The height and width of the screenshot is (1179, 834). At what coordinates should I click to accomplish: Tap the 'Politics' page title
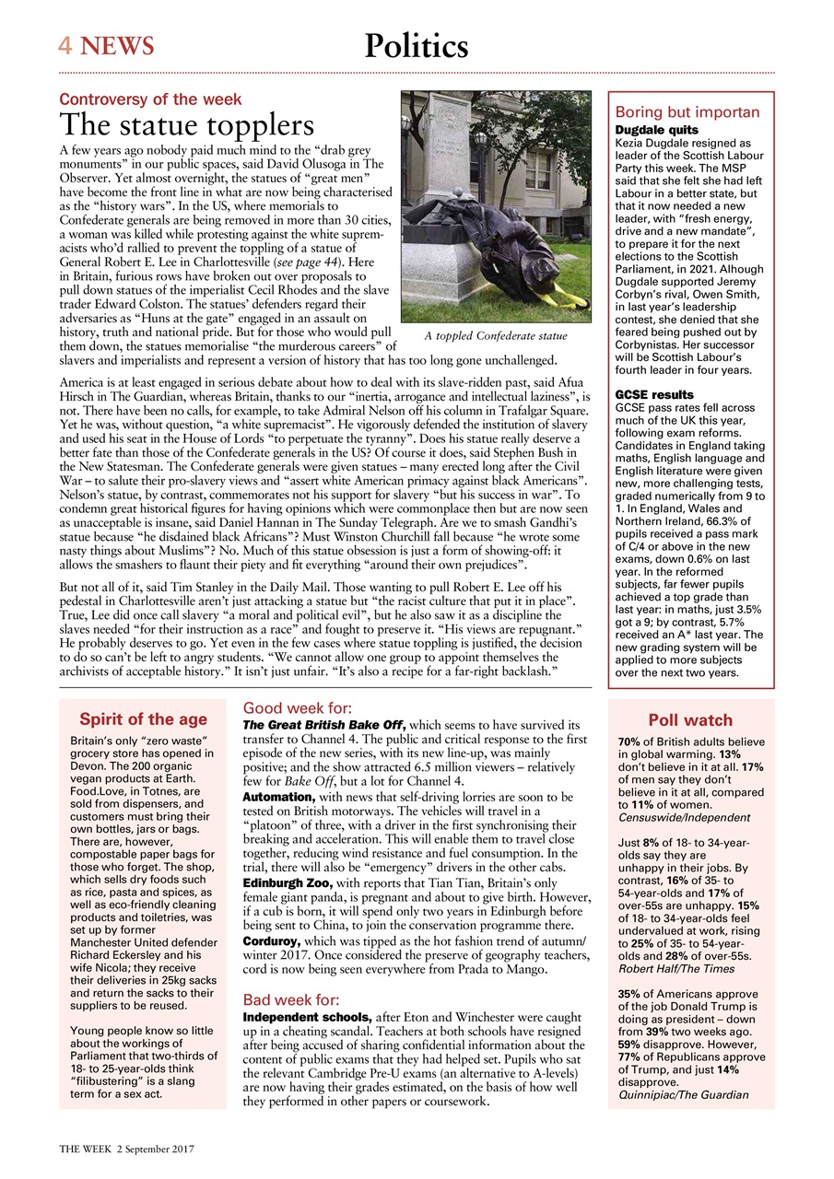pyautogui.click(x=416, y=45)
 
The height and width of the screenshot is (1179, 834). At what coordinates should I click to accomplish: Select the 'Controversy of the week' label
pyautogui.click(x=150, y=99)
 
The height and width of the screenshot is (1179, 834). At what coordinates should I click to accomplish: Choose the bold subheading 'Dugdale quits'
pyautogui.click(x=656, y=131)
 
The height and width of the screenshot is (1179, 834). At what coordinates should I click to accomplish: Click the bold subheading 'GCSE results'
pyautogui.click(x=655, y=394)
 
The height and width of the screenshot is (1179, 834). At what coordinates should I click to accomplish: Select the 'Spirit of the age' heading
pyautogui.click(x=143, y=719)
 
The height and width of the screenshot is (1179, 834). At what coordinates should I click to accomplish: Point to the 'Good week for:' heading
pyautogui.click(x=296, y=708)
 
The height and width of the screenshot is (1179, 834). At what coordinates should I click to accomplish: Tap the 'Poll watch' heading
pyautogui.click(x=690, y=720)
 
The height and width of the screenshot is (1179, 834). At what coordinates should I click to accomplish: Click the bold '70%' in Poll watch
pyautogui.click(x=629, y=741)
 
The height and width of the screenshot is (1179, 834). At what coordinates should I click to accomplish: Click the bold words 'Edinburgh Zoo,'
pyautogui.click(x=282, y=883)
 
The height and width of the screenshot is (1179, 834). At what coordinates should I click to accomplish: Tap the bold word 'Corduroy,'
pyautogui.click(x=273, y=942)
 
